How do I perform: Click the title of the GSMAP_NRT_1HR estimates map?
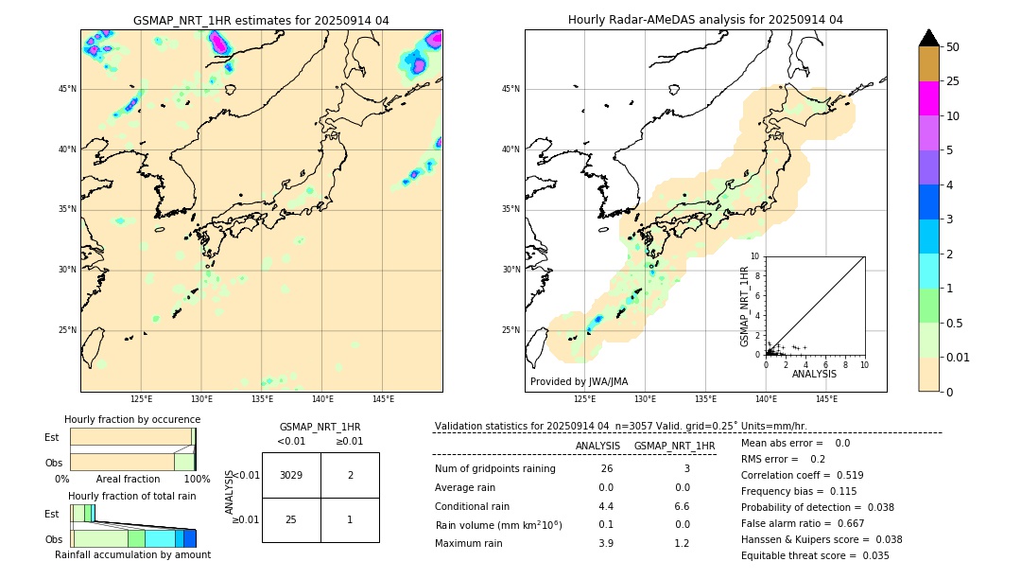(261, 20)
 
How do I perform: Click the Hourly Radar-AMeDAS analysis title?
(705, 20)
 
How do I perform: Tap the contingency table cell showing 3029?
(291, 475)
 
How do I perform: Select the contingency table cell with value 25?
(291, 520)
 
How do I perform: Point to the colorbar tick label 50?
(953, 47)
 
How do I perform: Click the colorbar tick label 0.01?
(959, 357)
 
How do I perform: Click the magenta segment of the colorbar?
(928, 98)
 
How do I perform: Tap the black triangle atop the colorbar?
(928, 38)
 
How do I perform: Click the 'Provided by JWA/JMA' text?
(579, 381)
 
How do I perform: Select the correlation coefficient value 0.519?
(843, 475)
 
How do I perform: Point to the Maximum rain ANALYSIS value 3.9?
(605, 543)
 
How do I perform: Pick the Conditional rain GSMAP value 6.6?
(682, 506)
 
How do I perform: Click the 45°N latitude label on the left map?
(67, 89)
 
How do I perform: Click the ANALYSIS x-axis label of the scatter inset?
(814, 374)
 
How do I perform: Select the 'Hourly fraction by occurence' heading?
(132, 419)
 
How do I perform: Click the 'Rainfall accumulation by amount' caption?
(132, 554)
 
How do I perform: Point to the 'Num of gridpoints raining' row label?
(494, 469)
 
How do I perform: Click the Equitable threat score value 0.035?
(869, 555)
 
